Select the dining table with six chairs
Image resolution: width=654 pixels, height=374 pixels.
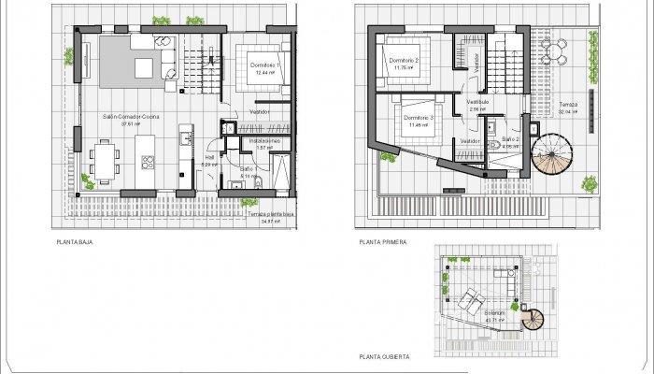(106, 162)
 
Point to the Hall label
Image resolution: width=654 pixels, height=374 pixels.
(210, 156)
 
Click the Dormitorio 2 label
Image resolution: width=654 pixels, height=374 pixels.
(405, 62)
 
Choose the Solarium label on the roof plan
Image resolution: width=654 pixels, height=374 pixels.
(495, 313)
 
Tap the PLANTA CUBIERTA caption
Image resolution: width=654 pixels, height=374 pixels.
(384, 356)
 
